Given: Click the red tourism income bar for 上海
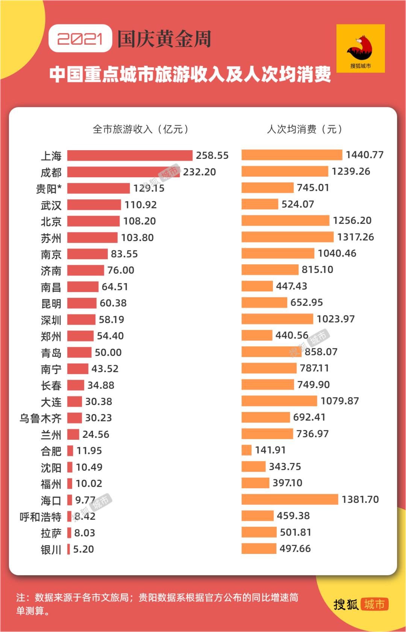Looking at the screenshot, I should (130, 155).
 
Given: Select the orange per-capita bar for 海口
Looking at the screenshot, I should (289, 499).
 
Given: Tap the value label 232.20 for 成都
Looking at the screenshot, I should (199, 172).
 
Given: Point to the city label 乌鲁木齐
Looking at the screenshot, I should (40, 418).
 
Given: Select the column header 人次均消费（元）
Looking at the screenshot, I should (304, 130).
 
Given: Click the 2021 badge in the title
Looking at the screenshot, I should (80, 38).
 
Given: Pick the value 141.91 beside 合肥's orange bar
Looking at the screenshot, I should (270, 450).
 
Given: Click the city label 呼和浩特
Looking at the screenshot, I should (40, 517).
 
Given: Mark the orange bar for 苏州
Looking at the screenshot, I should (287, 237).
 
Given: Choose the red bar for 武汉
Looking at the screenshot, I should (94, 205).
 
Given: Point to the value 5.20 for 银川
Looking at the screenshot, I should (83, 549).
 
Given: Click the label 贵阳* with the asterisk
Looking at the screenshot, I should (48, 189).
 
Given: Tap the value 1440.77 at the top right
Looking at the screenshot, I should (365, 155).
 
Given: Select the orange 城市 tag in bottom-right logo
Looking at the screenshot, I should (374, 604).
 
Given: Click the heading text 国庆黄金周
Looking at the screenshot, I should (164, 39).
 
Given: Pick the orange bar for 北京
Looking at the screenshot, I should (285, 220).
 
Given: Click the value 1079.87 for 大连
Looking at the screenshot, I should (339, 401).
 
